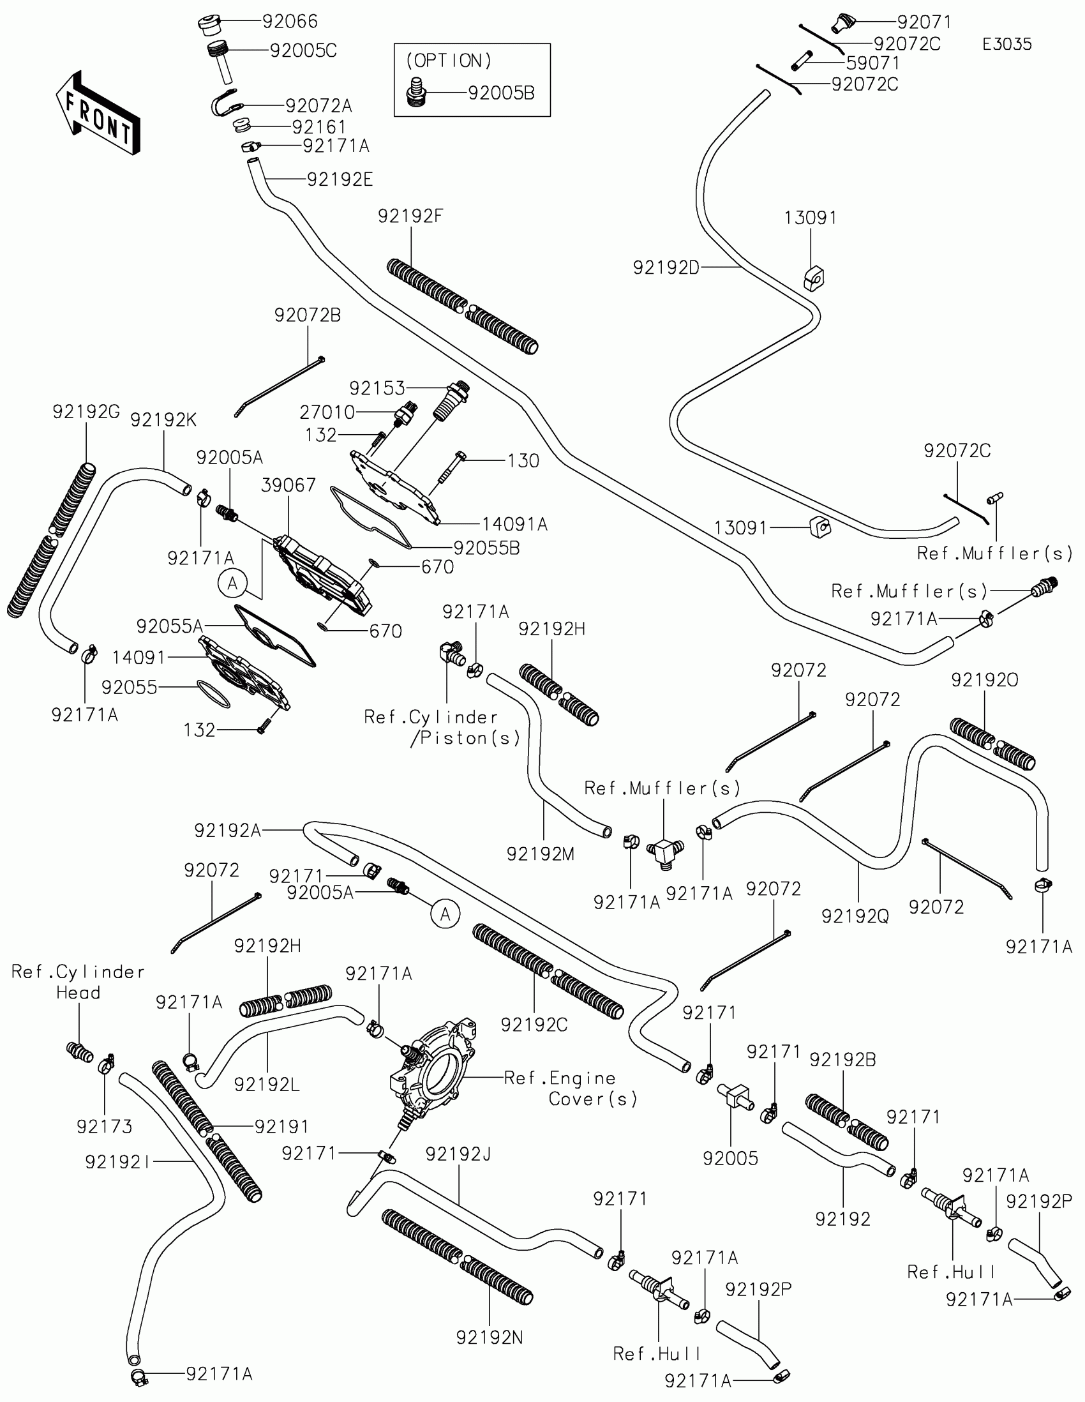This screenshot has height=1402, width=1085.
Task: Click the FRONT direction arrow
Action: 98,114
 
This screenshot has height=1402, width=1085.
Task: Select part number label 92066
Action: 290,22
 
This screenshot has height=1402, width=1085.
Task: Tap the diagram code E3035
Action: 1006,44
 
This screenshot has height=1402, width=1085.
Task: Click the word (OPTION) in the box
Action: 449,61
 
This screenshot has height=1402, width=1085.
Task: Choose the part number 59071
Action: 872,64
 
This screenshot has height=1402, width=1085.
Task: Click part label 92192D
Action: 666,268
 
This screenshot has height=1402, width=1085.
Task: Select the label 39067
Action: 288,485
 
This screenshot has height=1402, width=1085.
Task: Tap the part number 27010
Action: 327,412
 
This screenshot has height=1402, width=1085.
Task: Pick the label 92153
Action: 377,388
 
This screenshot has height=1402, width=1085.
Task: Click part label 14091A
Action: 514,524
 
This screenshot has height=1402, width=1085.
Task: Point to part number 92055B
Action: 486,548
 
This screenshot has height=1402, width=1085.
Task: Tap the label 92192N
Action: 490,1338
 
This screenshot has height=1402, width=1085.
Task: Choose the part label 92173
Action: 104,1127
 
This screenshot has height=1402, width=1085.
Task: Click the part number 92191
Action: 281,1127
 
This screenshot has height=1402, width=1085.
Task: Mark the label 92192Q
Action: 855,917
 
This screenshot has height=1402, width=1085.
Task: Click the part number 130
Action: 523,461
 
